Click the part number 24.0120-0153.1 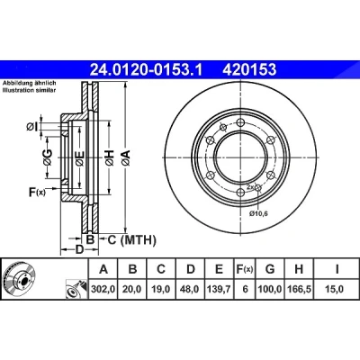147,70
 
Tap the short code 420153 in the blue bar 249,70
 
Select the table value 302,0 103,289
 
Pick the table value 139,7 219,289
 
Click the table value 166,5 299,289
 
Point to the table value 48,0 190,289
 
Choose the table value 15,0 337,289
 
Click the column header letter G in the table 270,269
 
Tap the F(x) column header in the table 244,269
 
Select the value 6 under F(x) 245,289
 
